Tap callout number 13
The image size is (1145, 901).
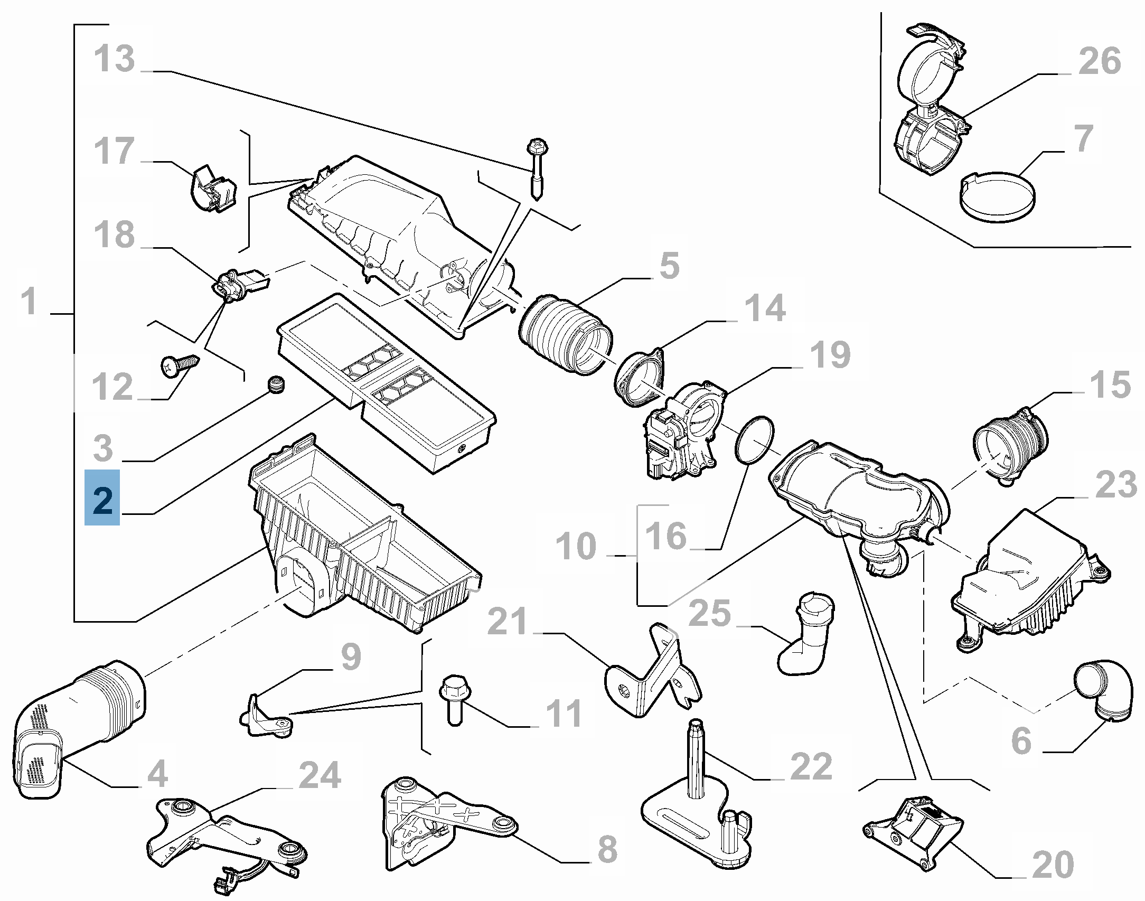pyautogui.click(x=115, y=59)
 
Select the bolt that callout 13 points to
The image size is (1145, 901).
pyautogui.click(x=537, y=169)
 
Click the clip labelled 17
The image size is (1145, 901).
pyautogui.click(x=212, y=189)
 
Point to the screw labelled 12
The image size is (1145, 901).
pyautogui.click(x=180, y=365)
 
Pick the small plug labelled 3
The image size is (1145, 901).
pyautogui.click(x=276, y=384)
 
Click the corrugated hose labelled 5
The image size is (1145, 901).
pyautogui.click(x=566, y=337)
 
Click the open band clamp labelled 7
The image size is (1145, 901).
pyautogui.click(x=996, y=197)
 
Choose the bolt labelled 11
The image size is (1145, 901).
pyautogui.click(x=453, y=699)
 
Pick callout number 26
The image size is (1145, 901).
pyautogui.click(x=1100, y=61)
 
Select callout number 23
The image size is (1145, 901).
pyautogui.click(x=1116, y=484)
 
